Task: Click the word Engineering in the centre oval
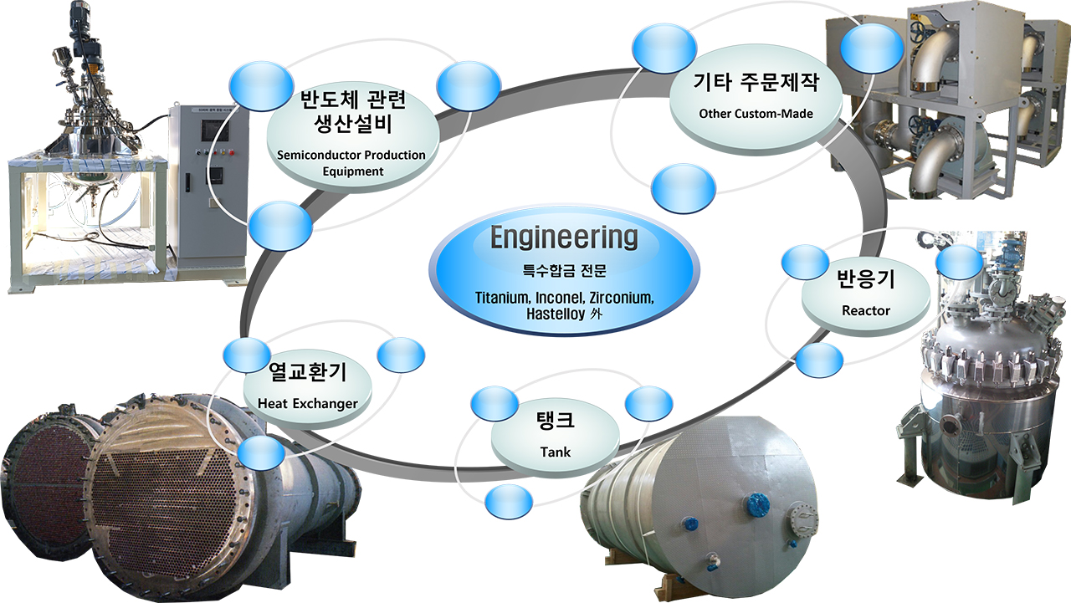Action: point(564,238)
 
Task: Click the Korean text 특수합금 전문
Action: point(564,271)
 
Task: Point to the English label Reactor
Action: point(866,310)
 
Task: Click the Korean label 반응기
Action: point(866,279)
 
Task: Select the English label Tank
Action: point(555,452)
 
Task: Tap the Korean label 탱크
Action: point(555,420)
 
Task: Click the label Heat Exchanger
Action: point(307,404)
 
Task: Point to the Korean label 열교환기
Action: point(307,371)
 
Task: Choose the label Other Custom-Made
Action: point(756,114)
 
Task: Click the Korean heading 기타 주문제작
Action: point(756,82)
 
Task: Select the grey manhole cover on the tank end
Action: point(804,519)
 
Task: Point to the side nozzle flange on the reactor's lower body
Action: point(950,424)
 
